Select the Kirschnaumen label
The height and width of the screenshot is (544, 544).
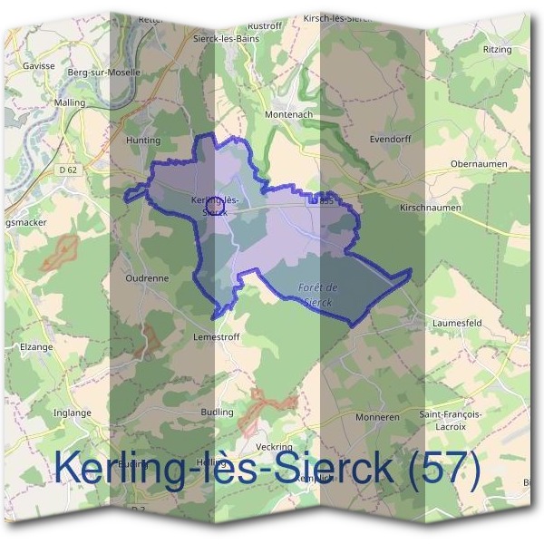tap(431, 208)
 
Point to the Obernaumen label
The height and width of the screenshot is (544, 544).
tap(478, 164)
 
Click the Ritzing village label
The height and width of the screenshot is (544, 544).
tap(497, 49)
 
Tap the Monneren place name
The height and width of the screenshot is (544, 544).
tap(378, 418)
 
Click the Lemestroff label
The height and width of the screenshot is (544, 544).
tap(215, 335)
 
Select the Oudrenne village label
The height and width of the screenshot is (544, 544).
tap(148, 278)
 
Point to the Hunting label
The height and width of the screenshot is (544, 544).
tap(143, 141)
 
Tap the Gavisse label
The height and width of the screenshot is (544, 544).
tap(41, 65)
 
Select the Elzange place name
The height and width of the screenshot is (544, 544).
tap(36, 346)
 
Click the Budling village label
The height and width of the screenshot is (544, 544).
tap(215, 412)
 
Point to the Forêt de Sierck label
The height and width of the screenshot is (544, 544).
tap(316, 294)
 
